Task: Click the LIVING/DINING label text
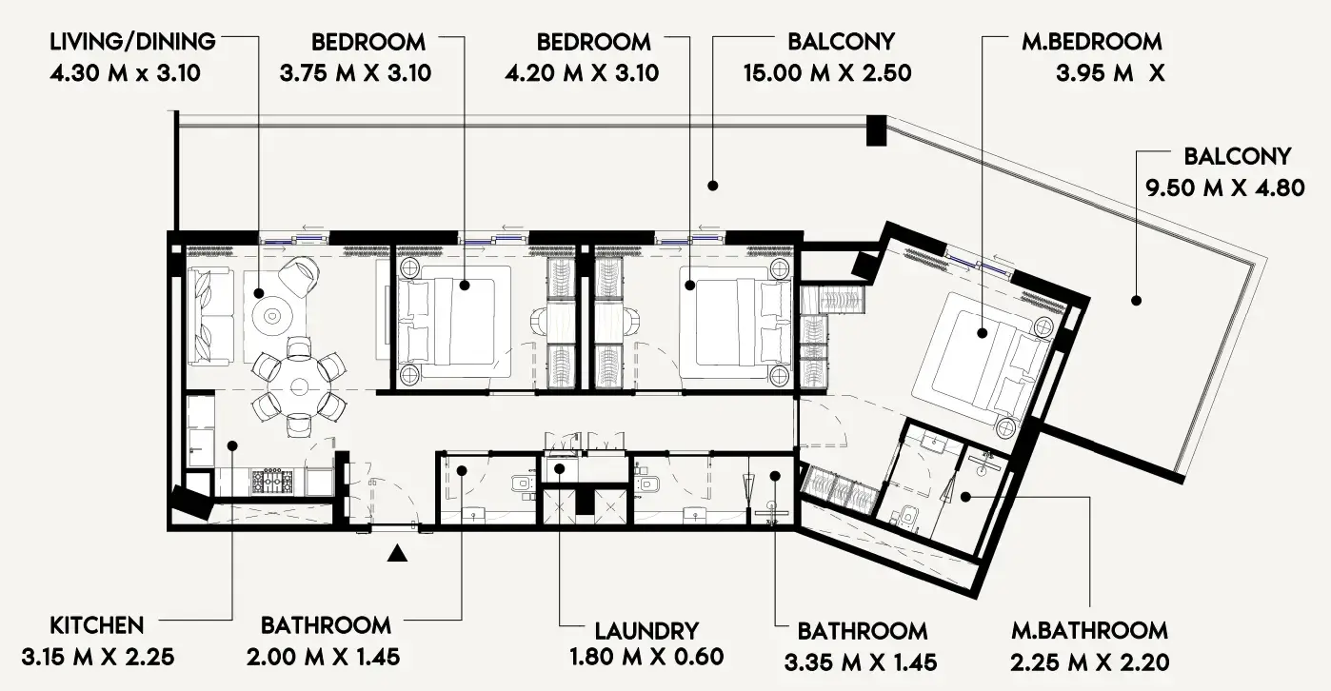click(x=133, y=42)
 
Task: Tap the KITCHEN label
click(x=97, y=625)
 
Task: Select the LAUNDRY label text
click(x=646, y=630)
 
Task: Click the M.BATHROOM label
click(x=1089, y=630)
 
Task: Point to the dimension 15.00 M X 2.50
click(x=827, y=73)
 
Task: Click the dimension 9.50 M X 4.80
click(x=1224, y=188)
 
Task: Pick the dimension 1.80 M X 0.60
click(x=646, y=657)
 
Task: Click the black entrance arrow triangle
click(x=399, y=553)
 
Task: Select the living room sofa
click(x=210, y=315)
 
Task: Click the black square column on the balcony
click(x=876, y=130)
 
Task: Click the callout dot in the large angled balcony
click(x=1136, y=301)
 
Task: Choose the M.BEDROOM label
click(x=1091, y=42)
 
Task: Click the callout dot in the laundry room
click(x=560, y=468)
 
